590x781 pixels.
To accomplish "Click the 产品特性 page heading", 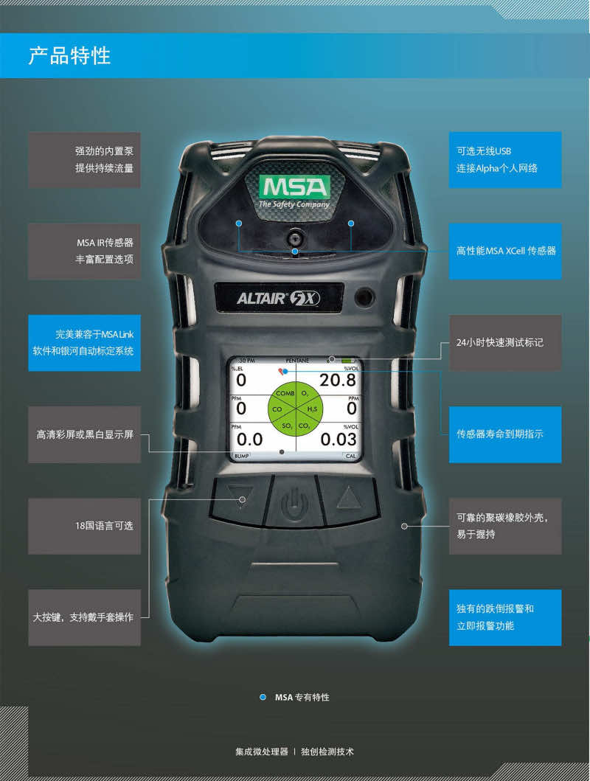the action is coord(69,55).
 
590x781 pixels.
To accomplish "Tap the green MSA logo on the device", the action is coord(295,187).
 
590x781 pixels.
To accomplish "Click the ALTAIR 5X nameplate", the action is coord(279,298).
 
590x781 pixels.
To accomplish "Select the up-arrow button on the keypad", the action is coord(349,499).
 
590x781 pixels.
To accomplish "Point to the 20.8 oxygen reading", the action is coord(338,380).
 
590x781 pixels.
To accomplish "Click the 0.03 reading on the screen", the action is coord(338,440).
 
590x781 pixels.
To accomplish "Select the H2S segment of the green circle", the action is coord(312,409).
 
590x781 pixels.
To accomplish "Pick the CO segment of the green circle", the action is coord(277,409).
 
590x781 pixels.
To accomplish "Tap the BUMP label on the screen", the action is coord(241,456).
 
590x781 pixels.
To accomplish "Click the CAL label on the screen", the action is coord(350,456).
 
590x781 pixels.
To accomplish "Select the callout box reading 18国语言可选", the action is coord(84,526).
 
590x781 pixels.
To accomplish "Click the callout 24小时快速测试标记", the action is coord(505,343).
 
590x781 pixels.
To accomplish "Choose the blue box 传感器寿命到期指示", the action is coord(505,434).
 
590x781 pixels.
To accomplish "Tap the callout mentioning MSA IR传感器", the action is coord(84,251).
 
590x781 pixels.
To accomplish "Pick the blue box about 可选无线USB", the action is coord(505,160).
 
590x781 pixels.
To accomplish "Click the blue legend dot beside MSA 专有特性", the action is coord(263,697).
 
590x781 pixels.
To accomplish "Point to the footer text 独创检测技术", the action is coord(327,752).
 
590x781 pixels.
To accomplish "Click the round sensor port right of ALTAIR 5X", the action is coord(364,297).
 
